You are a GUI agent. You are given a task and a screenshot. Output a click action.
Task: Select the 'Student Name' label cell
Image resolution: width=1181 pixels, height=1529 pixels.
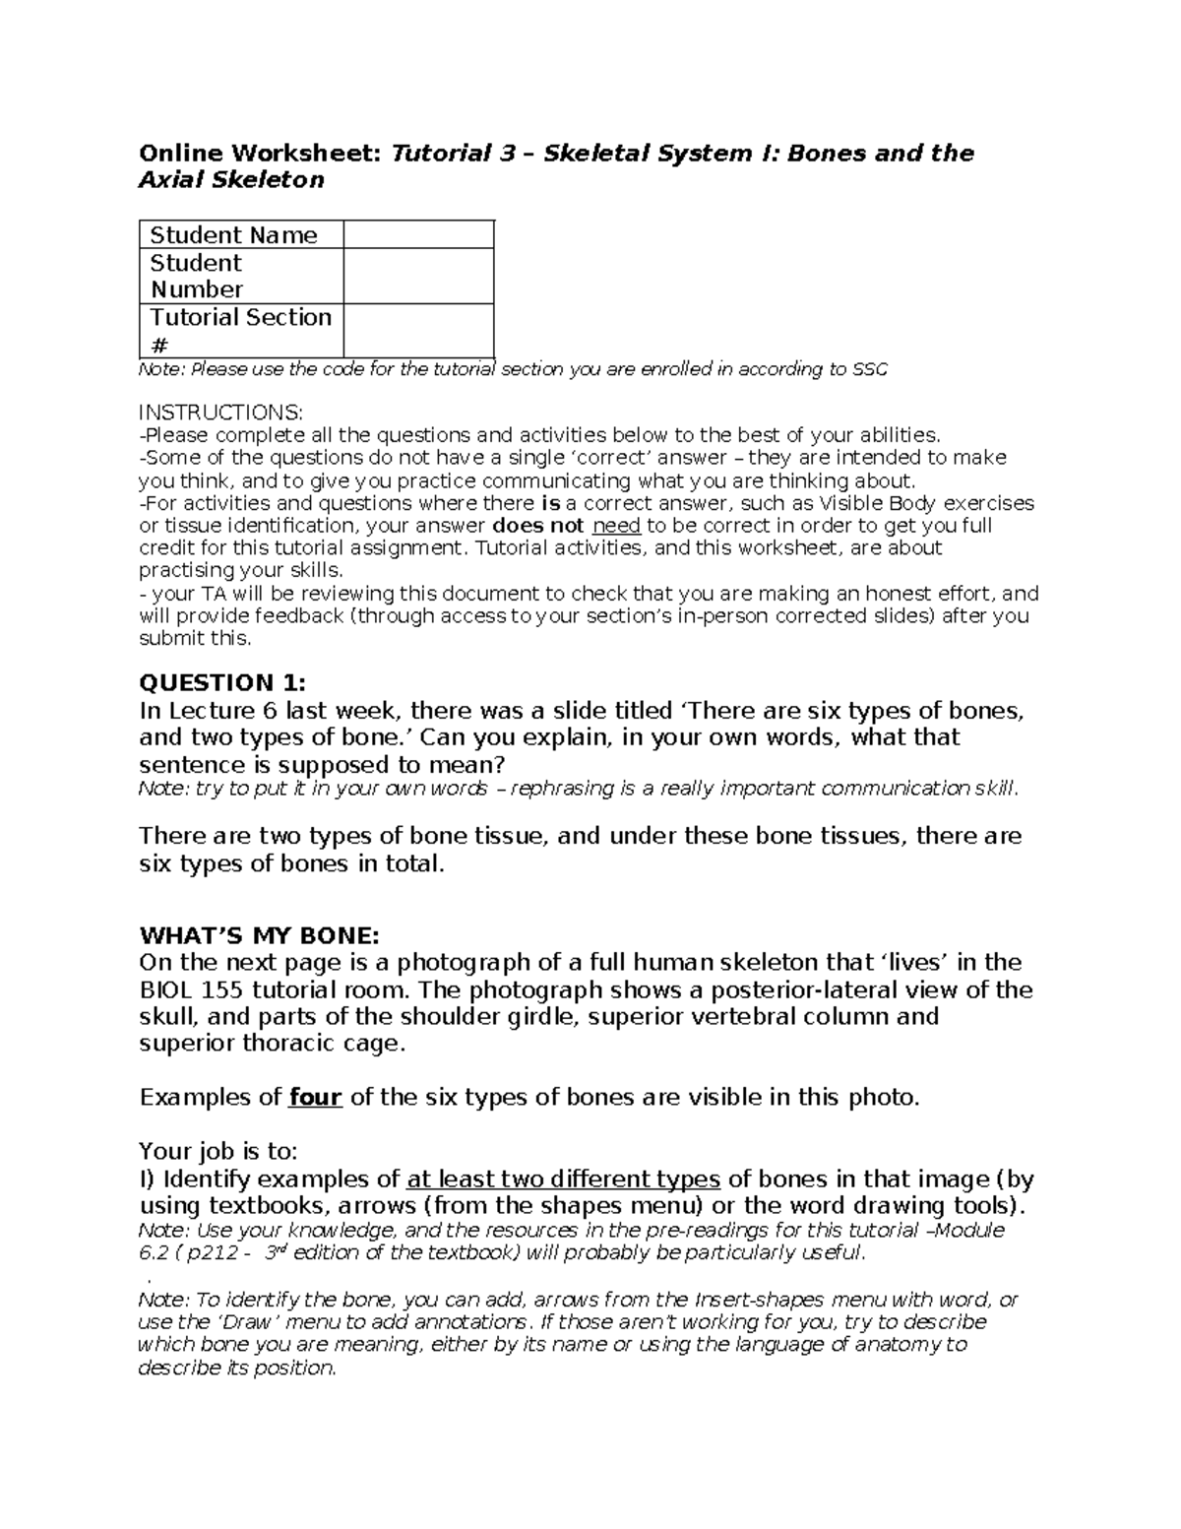pos(233,235)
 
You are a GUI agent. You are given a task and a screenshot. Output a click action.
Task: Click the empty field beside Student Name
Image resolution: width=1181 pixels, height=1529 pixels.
pos(418,235)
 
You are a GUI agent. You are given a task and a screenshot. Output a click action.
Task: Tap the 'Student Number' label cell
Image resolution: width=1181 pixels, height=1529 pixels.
pos(197,277)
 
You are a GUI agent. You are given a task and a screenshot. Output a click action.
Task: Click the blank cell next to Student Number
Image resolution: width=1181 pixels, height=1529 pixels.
pos(418,277)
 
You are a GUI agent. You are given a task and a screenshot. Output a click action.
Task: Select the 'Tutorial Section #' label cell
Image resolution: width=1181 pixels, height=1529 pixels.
pos(240,331)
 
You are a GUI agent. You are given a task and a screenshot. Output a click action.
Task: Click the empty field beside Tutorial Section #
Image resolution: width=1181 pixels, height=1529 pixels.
pos(418,331)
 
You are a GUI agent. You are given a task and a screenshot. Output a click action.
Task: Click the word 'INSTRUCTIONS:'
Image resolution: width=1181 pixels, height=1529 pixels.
pos(221,413)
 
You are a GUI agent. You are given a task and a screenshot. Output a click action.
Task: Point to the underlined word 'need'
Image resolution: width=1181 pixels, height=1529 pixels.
pos(616,526)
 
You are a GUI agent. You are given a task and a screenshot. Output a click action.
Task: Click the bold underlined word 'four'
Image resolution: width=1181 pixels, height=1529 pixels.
pos(315,1097)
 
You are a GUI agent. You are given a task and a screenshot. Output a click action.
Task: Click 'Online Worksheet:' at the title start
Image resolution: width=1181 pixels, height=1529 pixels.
pos(261,154)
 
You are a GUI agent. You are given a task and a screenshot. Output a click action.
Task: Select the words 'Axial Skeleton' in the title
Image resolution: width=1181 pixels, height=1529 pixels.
pos(231,180)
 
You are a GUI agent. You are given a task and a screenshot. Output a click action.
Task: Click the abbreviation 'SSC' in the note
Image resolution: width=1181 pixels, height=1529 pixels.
pos(869,370)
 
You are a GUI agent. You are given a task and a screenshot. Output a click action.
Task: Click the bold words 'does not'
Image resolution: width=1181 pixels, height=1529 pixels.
pos(537,526)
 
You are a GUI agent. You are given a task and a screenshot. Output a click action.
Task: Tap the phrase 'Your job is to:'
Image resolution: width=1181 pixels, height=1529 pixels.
pos(218,1151)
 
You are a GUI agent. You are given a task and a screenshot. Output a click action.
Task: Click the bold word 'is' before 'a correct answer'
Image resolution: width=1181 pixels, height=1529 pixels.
pos(551,503)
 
